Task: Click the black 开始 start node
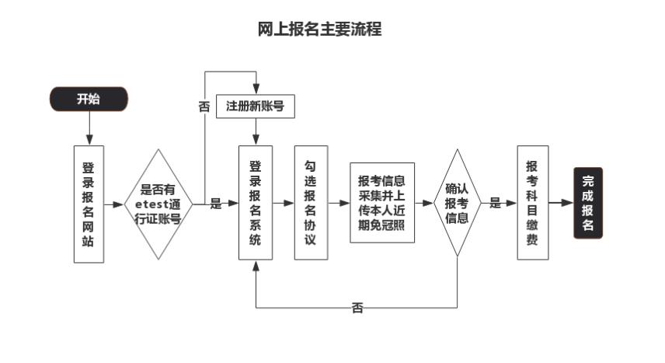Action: click(x=89, y=99)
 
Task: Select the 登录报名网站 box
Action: click(x=89, y=204)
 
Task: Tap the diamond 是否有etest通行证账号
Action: click(x=158, y=204)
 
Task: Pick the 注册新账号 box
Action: click(x=256, y=106)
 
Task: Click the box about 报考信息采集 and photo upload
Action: click(x=382, y=203)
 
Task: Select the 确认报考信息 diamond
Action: click(x=457, y=203)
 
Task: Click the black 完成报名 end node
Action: click(x=588, y=203)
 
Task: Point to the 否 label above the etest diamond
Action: click(x=204, y=107)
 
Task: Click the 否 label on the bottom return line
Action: click(x=357, y=308)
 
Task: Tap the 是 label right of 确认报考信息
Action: click(x=495, y=203)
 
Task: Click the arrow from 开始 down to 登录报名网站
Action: click(x=89, y=128)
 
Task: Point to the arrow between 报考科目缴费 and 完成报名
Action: click(x=561, y=203)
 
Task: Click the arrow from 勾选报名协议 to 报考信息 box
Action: click(x=339, y=203)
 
